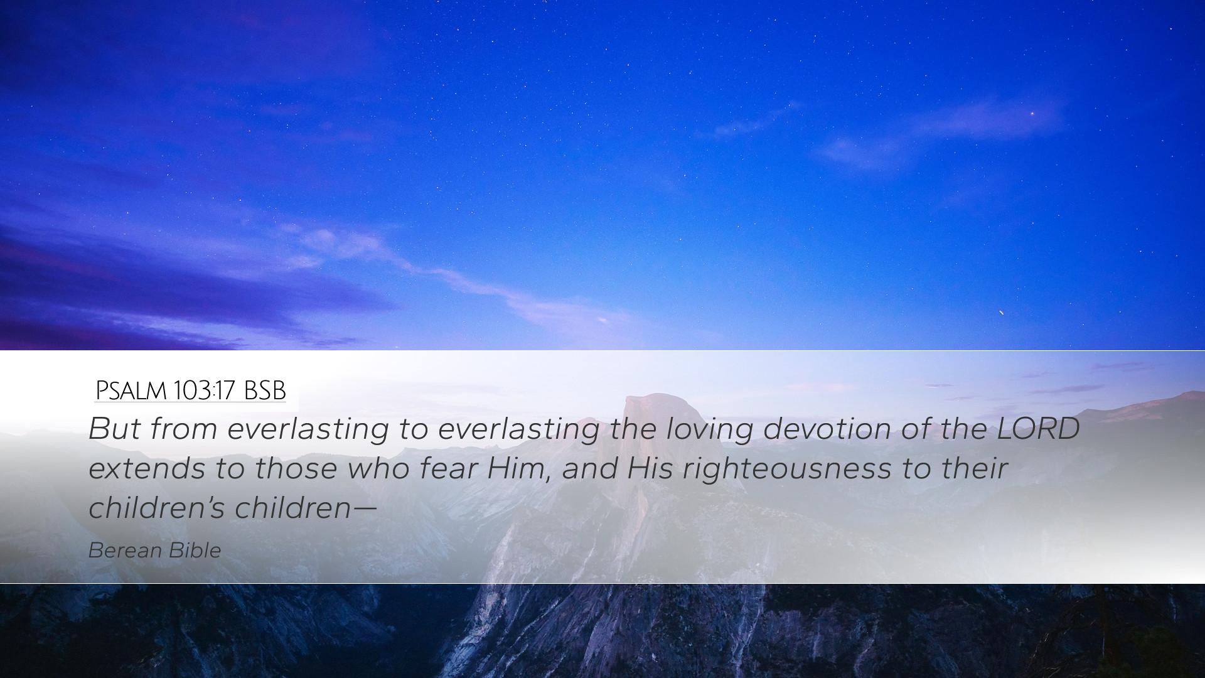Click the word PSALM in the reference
[131, 391]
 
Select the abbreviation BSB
[265, 391]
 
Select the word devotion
[827, 429]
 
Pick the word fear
[449, 469]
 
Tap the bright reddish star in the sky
[1031, 114]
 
